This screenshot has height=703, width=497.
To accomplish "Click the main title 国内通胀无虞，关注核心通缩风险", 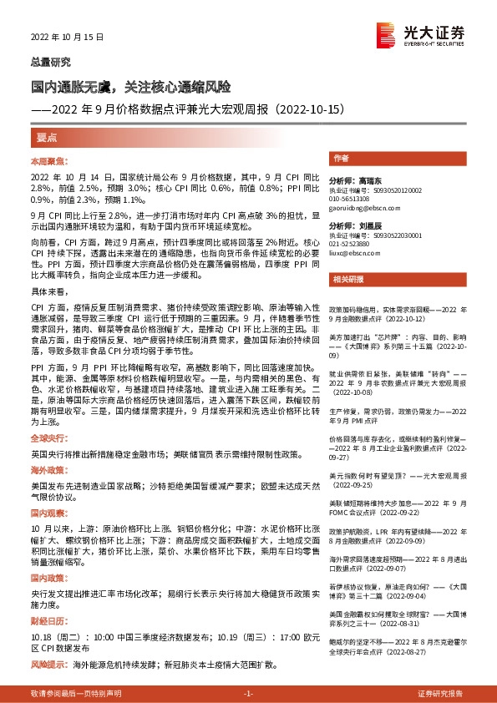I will (130, 86).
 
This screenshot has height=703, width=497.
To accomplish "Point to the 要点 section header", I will (47, 137).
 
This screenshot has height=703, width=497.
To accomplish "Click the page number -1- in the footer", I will (248, 694).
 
